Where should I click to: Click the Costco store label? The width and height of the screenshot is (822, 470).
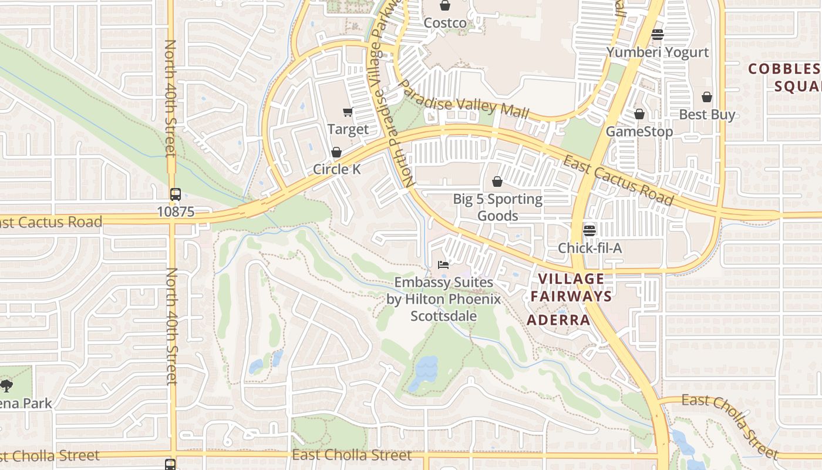pos(445,23)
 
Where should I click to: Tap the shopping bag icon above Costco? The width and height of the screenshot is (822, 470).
pos(445,6)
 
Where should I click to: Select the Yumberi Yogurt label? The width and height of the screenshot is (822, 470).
pos(657,52)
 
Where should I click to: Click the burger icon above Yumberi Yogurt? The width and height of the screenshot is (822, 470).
pos(658,35)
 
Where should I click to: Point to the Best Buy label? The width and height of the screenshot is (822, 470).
pos(707,114)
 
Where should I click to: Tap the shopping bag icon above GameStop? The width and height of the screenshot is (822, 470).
pos(639,114)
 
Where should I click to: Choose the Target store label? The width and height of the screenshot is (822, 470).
pos(348,129)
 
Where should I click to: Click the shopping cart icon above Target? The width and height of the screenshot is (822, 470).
pos(348,112)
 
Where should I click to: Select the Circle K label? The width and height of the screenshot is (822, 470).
pos(336,169)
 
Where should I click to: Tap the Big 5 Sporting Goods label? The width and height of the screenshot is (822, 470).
pos(497,207)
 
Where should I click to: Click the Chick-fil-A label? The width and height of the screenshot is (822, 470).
pos(589,248)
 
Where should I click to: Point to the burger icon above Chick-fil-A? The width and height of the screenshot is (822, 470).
pos(589,230)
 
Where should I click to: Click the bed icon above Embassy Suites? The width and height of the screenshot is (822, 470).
pos(443,265)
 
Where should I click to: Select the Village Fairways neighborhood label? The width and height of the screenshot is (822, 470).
pos(571,287)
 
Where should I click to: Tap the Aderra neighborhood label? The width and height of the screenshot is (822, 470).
pos(558,320)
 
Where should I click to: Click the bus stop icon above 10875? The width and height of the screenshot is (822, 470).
pos(175,194)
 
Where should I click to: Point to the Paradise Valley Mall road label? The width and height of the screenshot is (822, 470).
pos(464,100)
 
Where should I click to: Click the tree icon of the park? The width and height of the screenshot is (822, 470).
pos(6,386)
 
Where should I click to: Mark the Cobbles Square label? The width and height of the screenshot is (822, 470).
pos(784,78)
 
